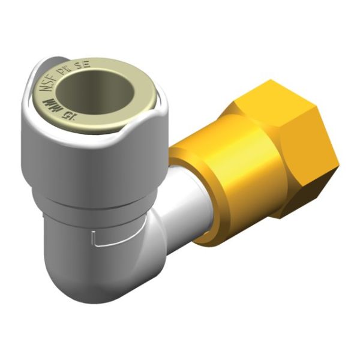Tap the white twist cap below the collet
(x=90, y=156)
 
